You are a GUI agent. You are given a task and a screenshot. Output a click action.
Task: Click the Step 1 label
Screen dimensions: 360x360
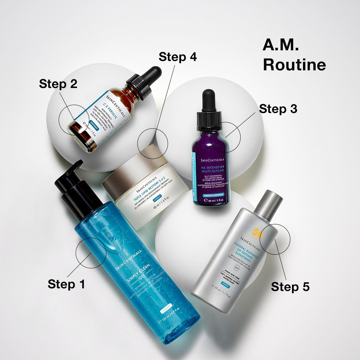(66, 284)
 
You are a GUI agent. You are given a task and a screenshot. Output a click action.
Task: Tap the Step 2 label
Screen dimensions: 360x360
(58, 84)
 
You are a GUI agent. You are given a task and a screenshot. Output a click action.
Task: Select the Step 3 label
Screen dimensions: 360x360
(278, 109)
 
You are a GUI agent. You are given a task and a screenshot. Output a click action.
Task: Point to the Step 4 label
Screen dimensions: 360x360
(178, 57)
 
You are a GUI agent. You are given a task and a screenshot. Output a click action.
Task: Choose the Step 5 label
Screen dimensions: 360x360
(290, 286)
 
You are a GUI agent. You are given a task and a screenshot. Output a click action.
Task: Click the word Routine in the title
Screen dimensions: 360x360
(294, 65)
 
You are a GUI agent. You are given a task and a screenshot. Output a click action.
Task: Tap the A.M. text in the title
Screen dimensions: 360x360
(280, 45)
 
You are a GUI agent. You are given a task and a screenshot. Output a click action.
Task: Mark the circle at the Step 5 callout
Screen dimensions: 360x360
(275, 239)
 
